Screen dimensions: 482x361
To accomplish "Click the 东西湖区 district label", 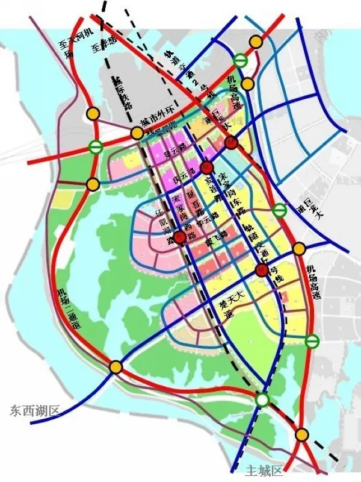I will pos(35,412).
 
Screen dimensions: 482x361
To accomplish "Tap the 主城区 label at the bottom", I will pos(264,470).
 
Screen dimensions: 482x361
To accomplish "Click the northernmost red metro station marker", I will pos(232,143).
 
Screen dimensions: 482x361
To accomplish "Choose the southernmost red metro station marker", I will pos(261,271).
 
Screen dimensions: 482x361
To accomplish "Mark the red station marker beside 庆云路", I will pos(206,167).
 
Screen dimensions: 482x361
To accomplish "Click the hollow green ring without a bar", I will pos(262,399).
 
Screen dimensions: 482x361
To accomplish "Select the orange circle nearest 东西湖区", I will pos(116,366).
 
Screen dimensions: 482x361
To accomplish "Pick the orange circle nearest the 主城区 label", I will pos(302,434).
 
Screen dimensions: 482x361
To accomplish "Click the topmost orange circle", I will pos(256,42).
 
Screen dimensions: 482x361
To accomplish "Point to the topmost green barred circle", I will pos(240,60).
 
